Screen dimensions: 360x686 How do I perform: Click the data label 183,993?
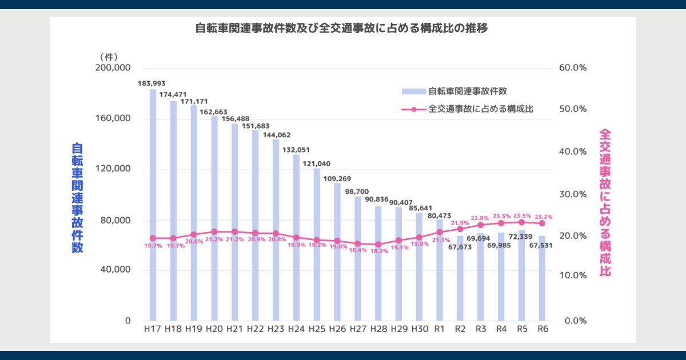pos(151,83)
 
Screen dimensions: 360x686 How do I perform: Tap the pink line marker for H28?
pos(378,244)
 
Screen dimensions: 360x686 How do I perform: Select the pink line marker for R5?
pos(521,222)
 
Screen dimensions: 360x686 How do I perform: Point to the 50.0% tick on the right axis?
pos(573,109)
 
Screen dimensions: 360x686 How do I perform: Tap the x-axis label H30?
pos(418,329)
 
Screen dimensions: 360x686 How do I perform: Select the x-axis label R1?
pos(439,329)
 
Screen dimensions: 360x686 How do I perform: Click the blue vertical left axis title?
pos(77,197)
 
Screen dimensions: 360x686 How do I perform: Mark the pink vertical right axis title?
pos(604,203)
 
